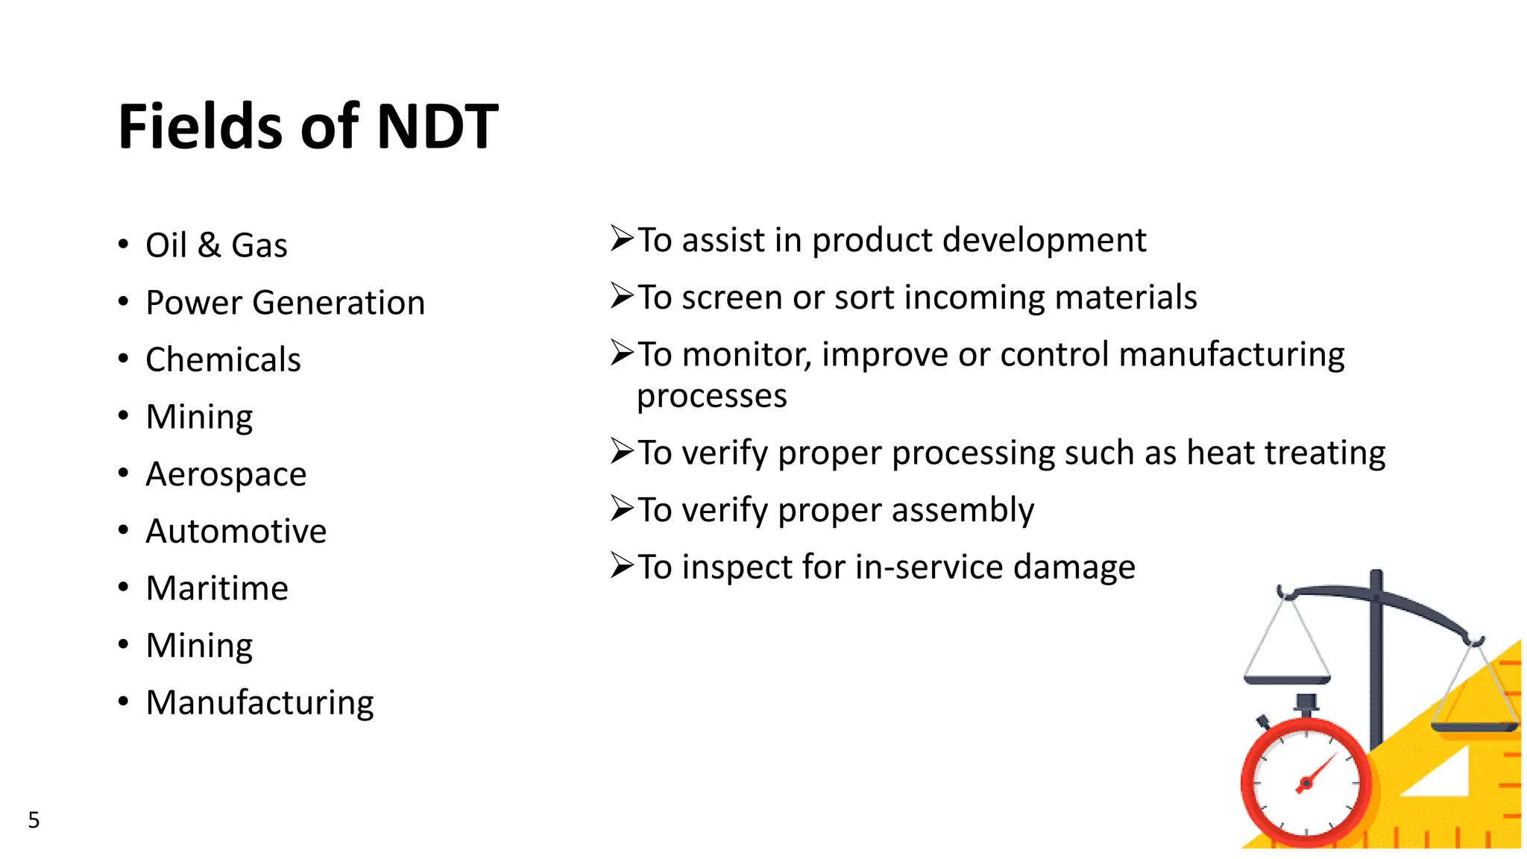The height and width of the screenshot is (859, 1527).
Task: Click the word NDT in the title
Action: pos(437,127)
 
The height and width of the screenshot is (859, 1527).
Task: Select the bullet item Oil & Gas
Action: pos(216,245)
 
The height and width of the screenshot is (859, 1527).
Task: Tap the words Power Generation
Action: pos(285,303)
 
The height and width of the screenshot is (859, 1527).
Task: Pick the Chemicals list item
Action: pos(223,359)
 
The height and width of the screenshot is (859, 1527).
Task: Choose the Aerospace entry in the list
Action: pos(226,474)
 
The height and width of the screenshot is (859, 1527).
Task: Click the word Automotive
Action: pos(236,531)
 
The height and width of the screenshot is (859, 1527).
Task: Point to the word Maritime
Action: pos(217,588)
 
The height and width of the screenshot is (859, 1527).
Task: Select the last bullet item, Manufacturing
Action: pos(259,702)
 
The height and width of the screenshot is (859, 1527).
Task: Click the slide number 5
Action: pos(34,820)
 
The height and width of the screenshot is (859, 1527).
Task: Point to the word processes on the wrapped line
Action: pos(711,396)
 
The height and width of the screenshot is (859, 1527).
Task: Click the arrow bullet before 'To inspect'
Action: pos(622,565)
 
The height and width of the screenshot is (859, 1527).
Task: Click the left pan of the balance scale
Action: pos(1287,679)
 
